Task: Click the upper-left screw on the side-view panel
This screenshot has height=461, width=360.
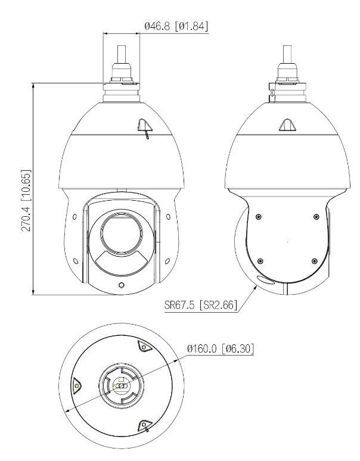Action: (257, 217)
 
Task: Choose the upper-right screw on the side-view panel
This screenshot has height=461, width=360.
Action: (316, 217)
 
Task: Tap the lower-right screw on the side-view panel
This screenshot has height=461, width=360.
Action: (314, 259)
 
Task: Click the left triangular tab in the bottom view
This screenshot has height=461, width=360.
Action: (76, 386)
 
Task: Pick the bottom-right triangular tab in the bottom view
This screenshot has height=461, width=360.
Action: (144, 424)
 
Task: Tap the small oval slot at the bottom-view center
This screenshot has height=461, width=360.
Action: (120, 386)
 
